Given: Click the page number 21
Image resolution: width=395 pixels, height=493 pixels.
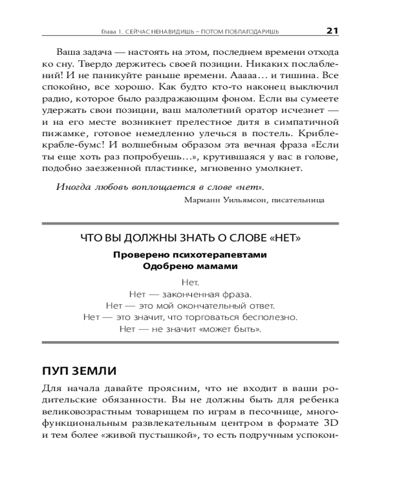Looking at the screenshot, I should coord(332,31).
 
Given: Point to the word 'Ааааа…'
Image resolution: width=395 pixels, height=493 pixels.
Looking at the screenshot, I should coord(262,76).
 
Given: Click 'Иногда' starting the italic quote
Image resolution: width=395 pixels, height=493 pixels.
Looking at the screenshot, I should coord(72,187).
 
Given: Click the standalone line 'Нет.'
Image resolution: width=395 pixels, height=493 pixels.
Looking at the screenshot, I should coord(190,283).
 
